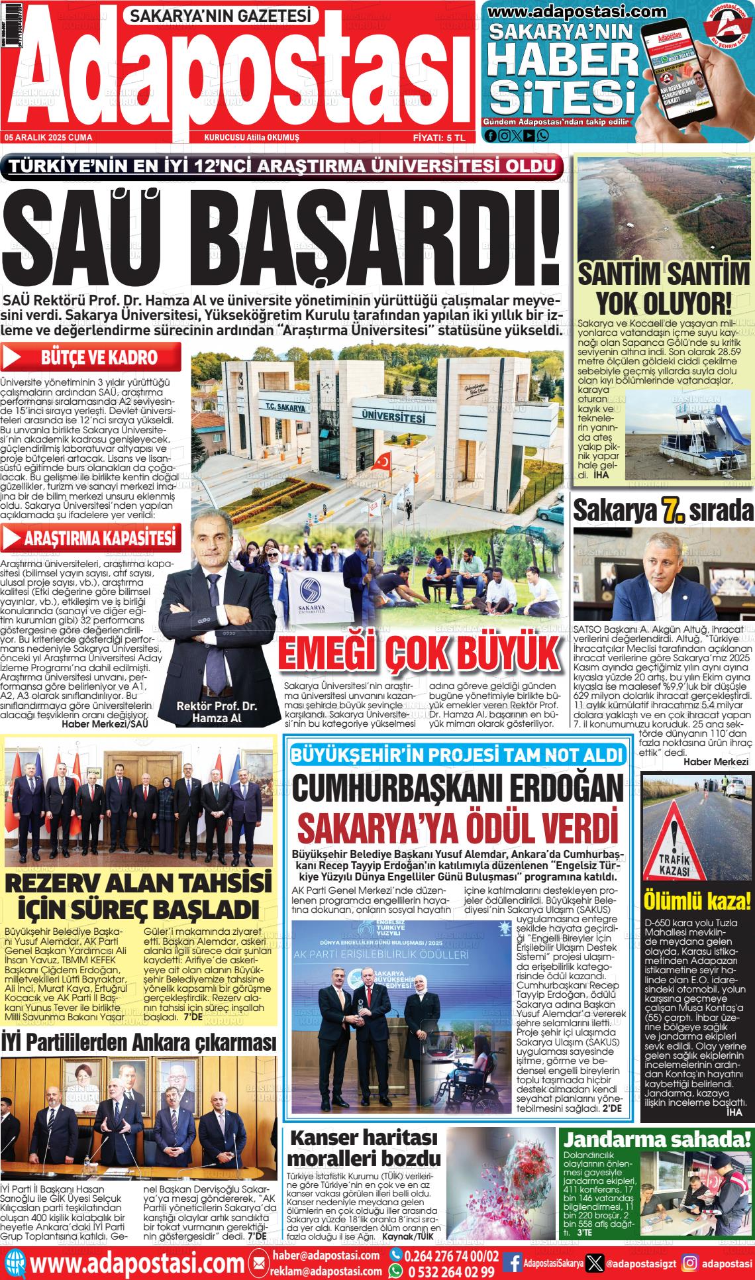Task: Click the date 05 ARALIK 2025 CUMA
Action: point(48,137)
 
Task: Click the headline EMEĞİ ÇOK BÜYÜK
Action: point(419,655)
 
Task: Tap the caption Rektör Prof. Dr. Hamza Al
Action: point(217,712)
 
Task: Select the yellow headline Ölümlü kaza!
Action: point(697,901)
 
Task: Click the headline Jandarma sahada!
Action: point(658,1140)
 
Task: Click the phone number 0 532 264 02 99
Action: point(452,1271)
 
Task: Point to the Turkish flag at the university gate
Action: point(382,461)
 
